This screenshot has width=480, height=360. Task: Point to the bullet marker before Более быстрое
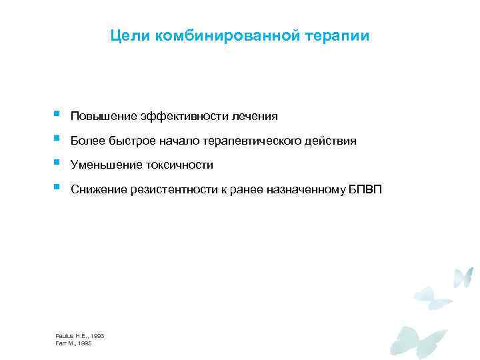click(x=57, y=139)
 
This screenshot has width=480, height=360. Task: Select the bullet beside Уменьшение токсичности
click(x=57, y=163)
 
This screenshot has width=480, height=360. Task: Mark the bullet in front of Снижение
click(x=57, y=187)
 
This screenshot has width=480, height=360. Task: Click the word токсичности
click(x=177, y=165)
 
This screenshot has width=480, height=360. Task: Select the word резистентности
click(x=171, y=190)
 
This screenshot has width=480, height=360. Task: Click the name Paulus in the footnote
click(x=65, y=336)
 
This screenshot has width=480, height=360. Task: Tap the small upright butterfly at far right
click(x=463, y=277)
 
